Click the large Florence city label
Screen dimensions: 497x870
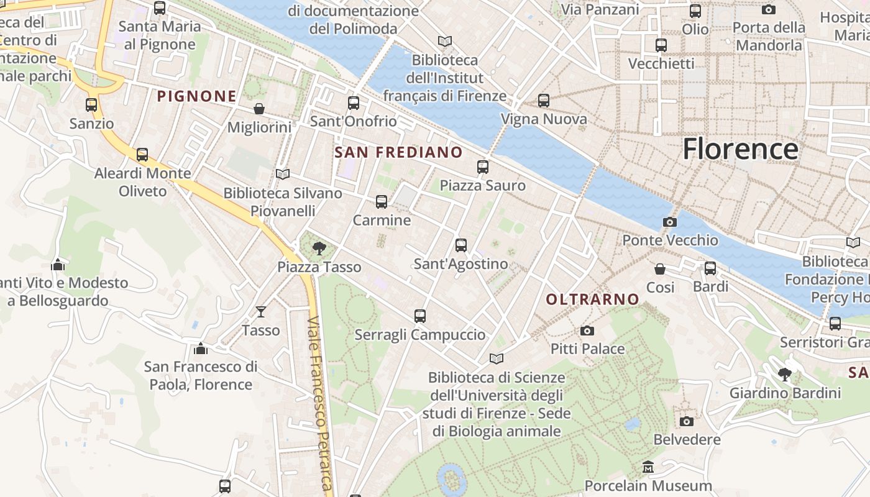click(740, 149)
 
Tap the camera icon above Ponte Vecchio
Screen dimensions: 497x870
click(669, 222)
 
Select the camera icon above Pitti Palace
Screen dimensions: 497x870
click(587, 331)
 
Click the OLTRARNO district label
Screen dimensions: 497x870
click(592, 299)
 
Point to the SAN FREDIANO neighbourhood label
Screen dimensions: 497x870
click(398, 152)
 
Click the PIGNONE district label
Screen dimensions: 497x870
click(196, 96)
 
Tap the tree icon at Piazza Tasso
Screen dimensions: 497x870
click(319, 248)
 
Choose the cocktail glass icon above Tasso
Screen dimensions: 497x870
click(260, 311)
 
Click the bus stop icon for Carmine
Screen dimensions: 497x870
click(382, 202)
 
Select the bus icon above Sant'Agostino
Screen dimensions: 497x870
click(460, 245)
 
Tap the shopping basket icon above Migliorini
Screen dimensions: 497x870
click(259, 109)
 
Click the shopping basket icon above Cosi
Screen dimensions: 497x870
click(660, 269)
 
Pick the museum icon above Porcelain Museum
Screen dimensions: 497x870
click(648, 467)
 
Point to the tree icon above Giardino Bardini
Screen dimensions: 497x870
click(785, 374)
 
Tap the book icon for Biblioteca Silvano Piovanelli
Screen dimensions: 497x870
click(283, 175)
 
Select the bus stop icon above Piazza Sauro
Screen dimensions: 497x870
click(483, 166)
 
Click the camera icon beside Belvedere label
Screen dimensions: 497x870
click(686, 421)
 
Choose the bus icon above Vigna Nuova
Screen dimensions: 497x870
click(544, 100)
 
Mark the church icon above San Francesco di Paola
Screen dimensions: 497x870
click(200, 349)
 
